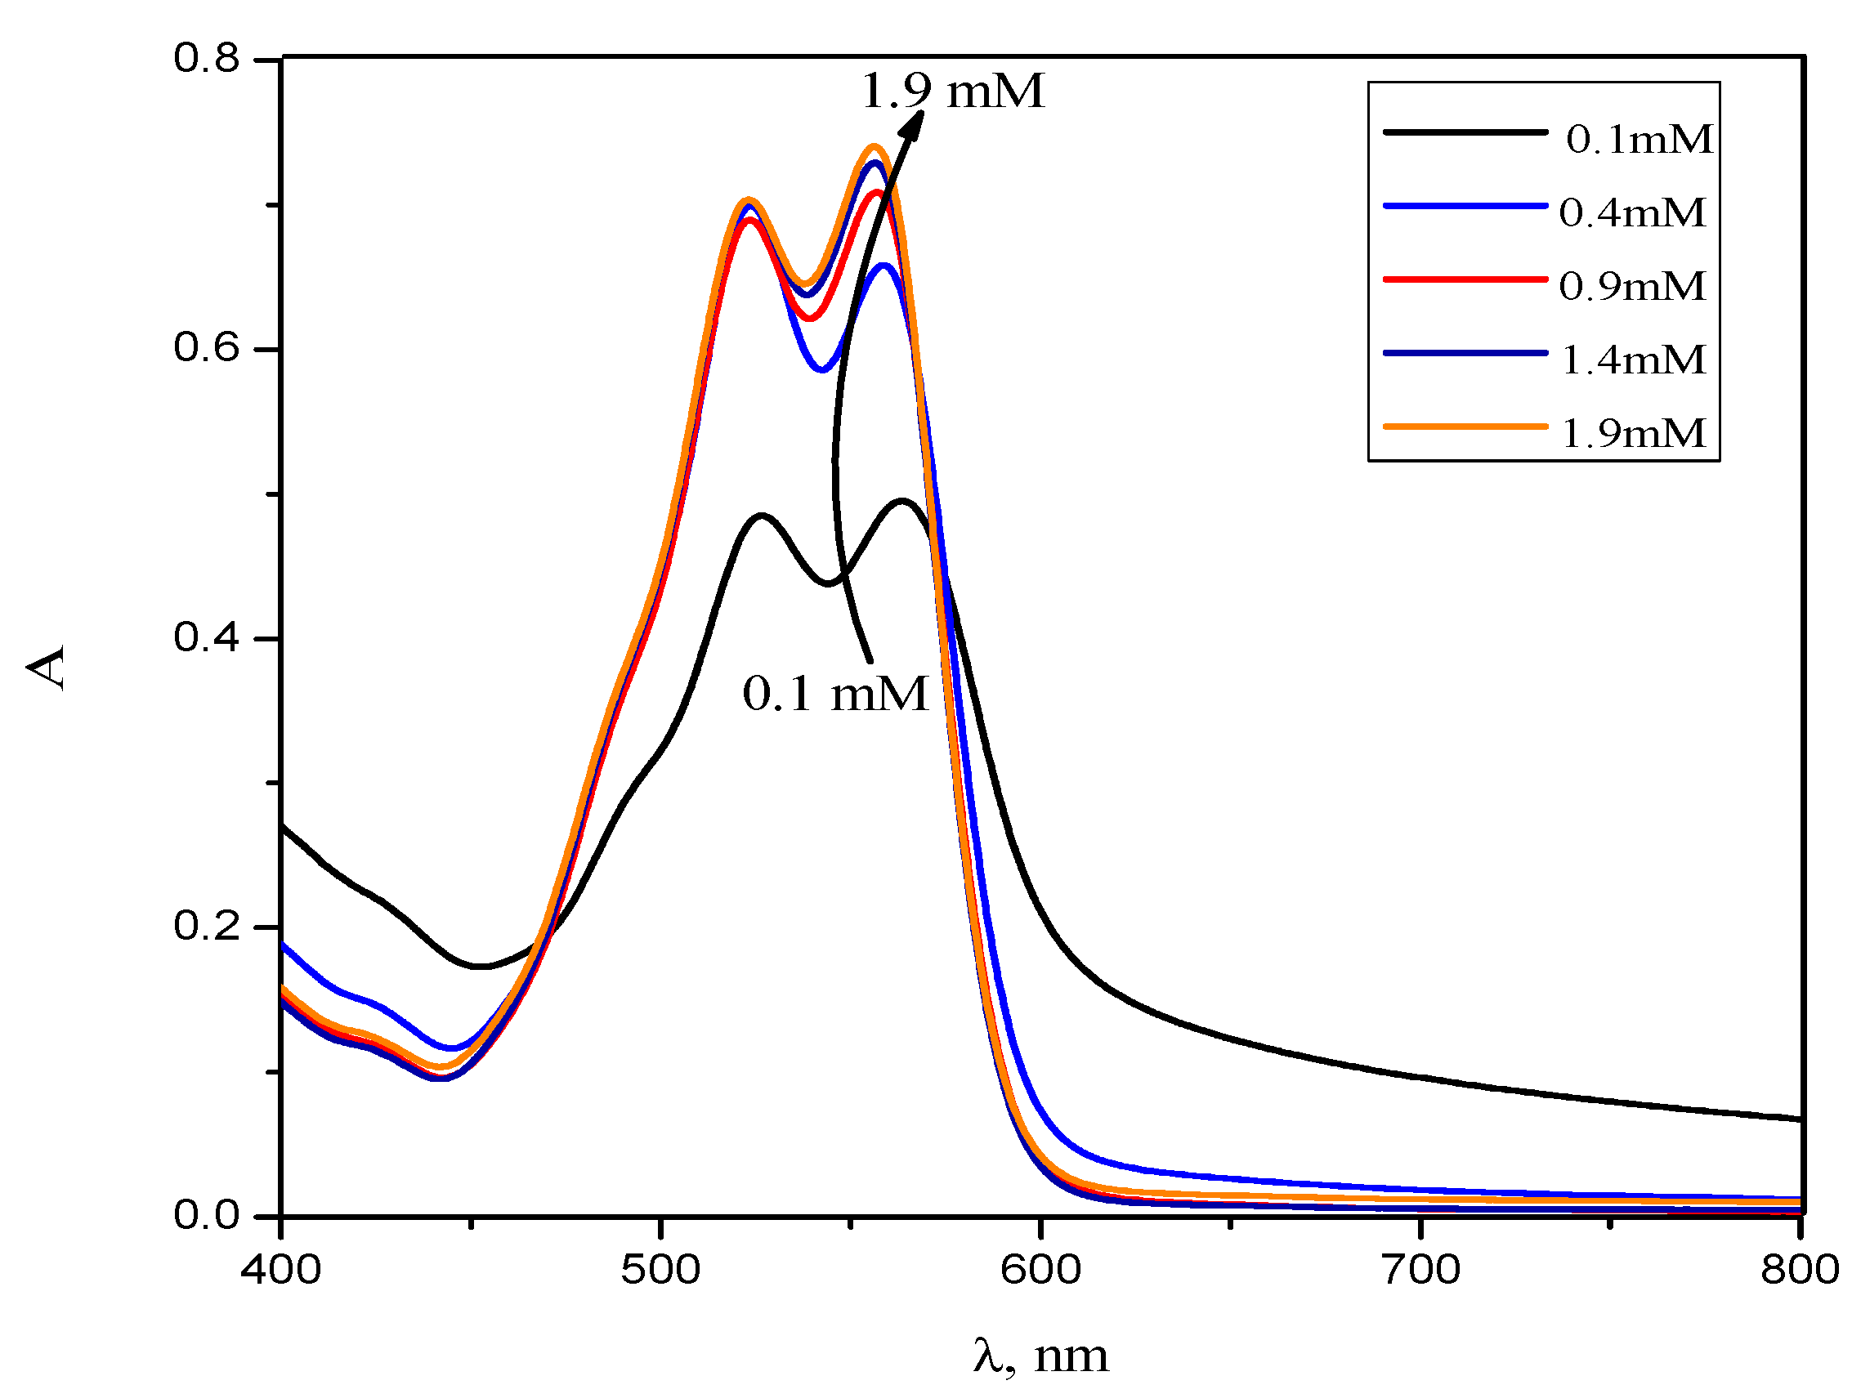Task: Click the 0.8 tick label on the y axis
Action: click(206, 59)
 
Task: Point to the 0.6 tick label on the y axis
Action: click(206, 347)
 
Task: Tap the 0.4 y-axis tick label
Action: click(206, 637)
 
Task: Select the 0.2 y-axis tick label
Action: click(206, 926)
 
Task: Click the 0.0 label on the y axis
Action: click(206, 1215)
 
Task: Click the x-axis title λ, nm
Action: click(1040, 1356)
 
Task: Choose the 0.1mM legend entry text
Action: click(1640, 139)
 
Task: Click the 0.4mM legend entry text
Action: click(1633, 212)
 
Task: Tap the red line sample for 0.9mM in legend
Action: click(1465, 279)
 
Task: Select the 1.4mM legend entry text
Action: click(1634, 360)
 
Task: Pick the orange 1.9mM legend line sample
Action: click(1465, 427)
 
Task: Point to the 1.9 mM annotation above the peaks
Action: click(953, 91)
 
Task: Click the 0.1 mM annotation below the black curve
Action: click(835, 694)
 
